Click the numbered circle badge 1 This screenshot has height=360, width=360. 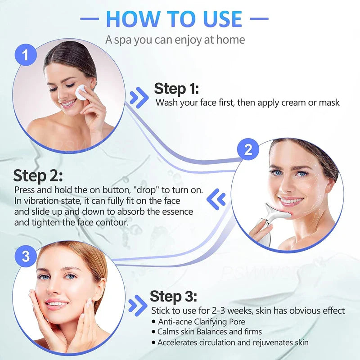point(26,56)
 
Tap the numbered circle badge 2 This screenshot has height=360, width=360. point(248,150)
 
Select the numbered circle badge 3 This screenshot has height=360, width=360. point(26,256)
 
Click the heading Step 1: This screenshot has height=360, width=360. point(176,88)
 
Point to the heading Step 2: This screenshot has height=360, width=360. point(38,176)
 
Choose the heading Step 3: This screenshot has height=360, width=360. point(173,297)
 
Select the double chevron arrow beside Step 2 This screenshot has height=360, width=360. point(218,198)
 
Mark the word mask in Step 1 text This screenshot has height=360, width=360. point(329,103)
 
